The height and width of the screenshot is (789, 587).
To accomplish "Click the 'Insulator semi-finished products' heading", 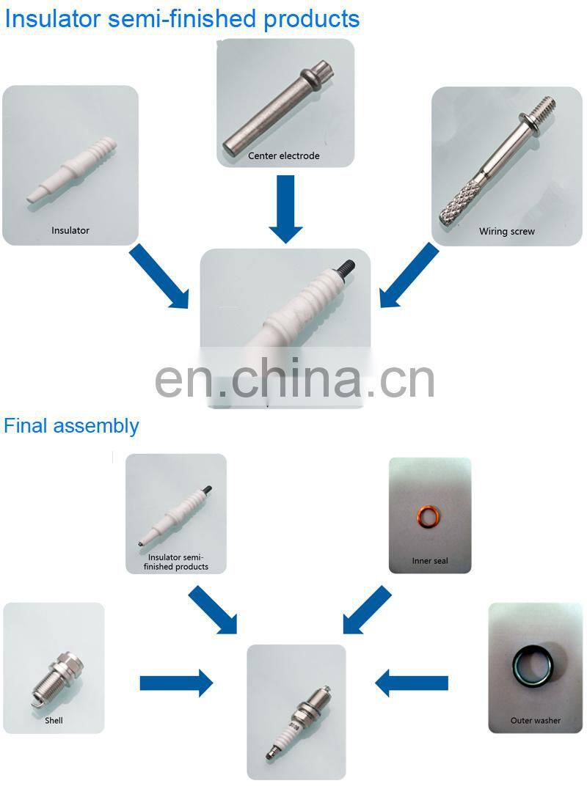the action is [182, 20].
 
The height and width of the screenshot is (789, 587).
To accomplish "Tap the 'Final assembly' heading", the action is [71, 426].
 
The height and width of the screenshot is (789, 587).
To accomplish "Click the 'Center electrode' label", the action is [284, 156].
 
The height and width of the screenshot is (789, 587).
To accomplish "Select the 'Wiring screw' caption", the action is [507, 232].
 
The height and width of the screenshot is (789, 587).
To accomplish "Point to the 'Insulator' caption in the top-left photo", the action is [70, 230].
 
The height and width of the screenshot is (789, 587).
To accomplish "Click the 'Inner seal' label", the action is [430, 561].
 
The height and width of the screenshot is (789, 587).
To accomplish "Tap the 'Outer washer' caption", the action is [536, 721].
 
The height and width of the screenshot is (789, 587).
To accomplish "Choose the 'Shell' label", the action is [54, 721].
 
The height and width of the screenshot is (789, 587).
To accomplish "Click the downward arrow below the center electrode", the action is [286, 209].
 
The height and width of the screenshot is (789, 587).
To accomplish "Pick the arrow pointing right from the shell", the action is [176, 683].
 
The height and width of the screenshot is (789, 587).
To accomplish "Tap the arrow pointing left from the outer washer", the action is [412, 683].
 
